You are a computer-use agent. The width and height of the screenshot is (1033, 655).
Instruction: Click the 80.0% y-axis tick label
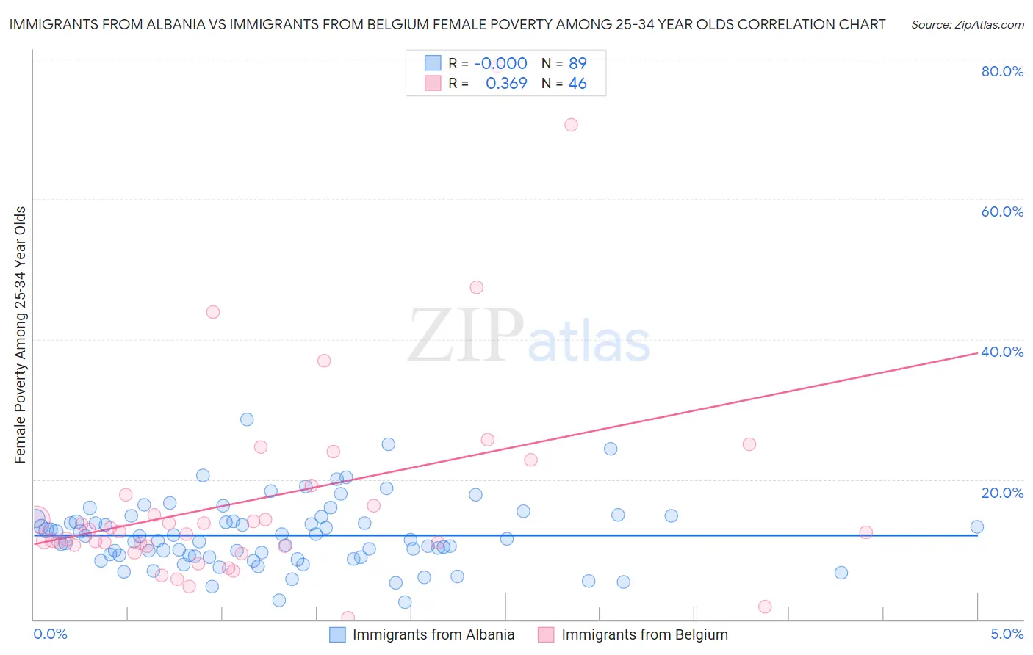click(x=1002, y=71)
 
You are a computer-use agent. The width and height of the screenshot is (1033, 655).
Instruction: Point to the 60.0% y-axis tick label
click(x=1002, y=211)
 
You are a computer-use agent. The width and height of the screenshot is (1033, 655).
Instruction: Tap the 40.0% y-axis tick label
click(x=1002, y=352)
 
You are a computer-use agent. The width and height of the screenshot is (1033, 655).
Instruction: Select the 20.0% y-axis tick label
click(x=1002, y=493)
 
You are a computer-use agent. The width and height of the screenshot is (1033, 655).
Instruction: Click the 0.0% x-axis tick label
click(x=50, y=634)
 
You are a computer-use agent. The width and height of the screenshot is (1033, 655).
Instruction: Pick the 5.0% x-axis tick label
click(x=1007, y=634)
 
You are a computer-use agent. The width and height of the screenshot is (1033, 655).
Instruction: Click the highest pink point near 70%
click(x=571, y=125)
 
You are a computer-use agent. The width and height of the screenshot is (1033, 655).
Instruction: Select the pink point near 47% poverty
click(x=477, y=287)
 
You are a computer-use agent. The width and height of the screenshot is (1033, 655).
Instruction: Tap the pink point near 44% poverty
click(x=213, y=312)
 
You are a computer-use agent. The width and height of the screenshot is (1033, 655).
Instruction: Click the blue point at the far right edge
click(x=976, y=526)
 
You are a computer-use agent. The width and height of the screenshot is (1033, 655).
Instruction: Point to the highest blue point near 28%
click(x=247, y=419)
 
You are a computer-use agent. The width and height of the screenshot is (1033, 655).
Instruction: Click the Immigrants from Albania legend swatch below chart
click(x=337, y=635)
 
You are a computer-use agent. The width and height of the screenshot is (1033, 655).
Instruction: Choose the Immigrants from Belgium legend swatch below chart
click(x=546, y=635)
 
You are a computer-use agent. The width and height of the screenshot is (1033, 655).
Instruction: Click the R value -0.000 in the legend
click(x=500, y=63)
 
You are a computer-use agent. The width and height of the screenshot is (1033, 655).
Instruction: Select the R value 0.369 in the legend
click(x=506, y=84)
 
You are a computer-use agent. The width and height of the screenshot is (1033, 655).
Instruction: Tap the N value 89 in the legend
click(x=577, y=63)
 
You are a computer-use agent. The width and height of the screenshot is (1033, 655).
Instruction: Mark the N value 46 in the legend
click(x=577, y=84)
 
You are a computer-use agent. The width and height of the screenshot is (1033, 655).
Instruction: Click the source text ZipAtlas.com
click(x=967, y=25)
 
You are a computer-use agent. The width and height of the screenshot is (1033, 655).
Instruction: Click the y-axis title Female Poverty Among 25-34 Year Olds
click(x=21, y=335)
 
